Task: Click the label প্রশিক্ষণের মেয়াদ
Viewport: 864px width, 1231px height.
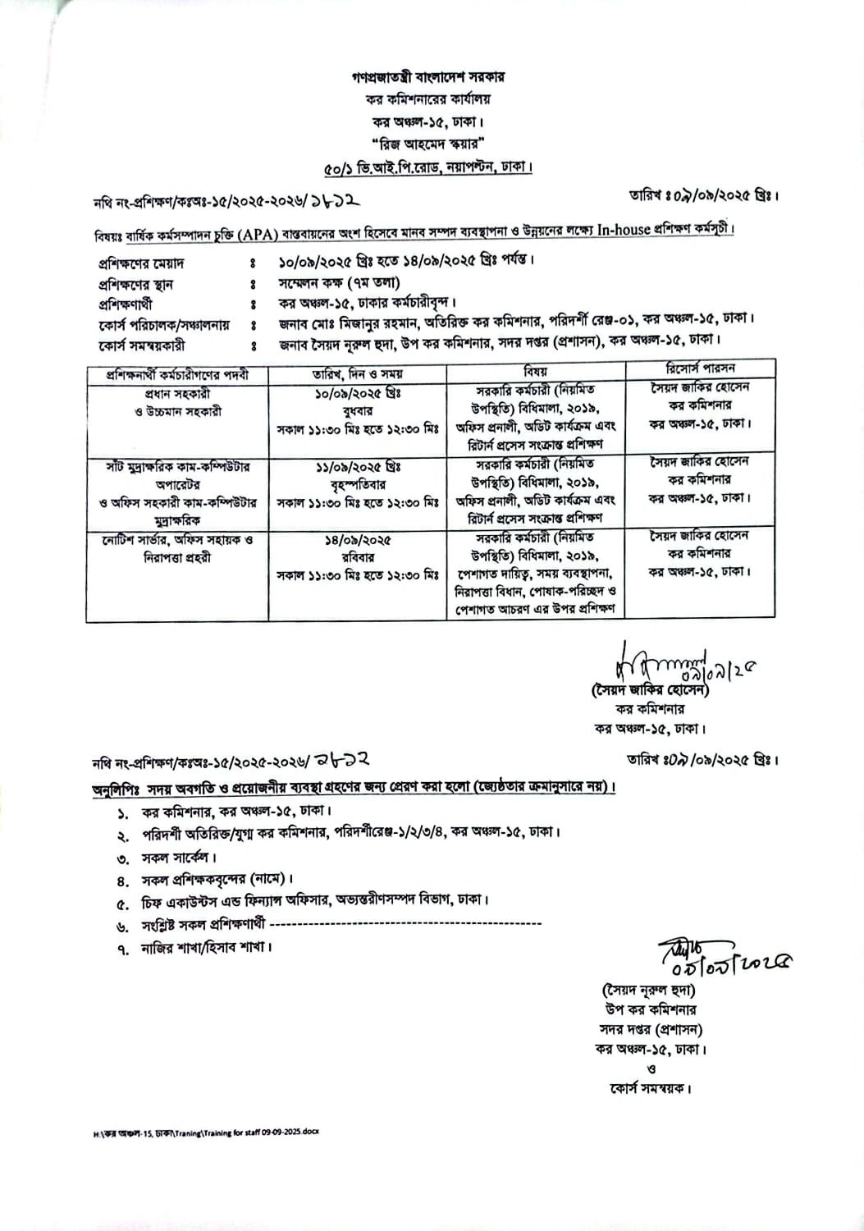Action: (140, 263)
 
